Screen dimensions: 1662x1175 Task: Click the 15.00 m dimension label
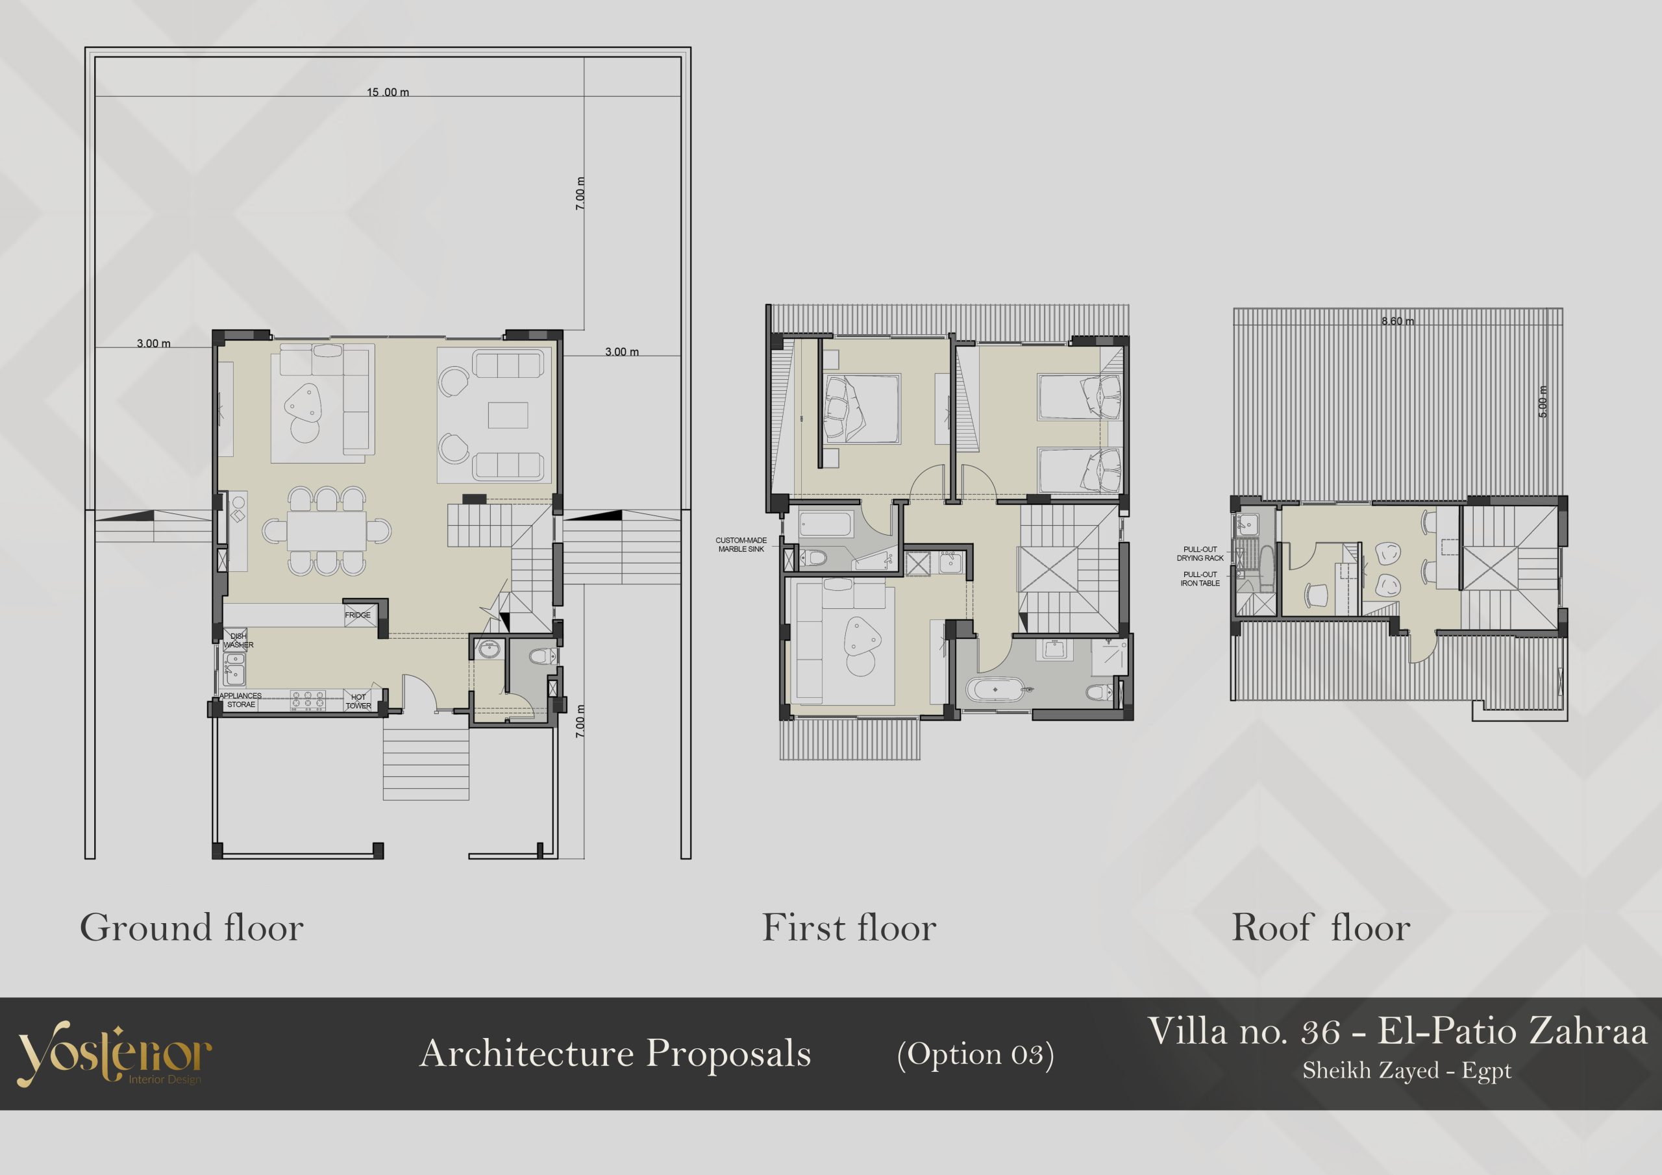[388, 92]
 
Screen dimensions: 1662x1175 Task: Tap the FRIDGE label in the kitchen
[358, 615]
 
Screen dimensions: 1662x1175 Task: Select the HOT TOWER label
[358, 702]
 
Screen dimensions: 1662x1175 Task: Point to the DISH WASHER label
[238, 641]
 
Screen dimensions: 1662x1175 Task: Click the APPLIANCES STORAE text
[240, 700]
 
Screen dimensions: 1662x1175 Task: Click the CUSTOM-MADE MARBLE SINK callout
[741, 545]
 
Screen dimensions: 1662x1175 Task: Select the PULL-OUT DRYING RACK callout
[1200, 554]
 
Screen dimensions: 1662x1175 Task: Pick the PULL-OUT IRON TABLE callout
[1200, 578]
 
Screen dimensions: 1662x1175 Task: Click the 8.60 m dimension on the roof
[1397, 321]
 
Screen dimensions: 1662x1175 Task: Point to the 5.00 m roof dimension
[1543, 401]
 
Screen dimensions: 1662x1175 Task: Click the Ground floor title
[192, 928]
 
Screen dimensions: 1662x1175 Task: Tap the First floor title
[849, 928]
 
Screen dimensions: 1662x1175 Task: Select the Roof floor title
[1321, 928]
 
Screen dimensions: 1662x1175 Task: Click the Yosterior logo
[114, 1054]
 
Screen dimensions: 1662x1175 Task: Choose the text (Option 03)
[975, 1055]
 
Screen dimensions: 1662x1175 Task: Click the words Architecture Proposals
[615, 1054]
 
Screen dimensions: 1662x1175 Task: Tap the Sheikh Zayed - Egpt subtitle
[1406, 1070]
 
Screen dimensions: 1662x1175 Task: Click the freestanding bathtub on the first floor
[995, 690]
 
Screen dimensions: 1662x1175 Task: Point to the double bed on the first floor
[862, 409]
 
